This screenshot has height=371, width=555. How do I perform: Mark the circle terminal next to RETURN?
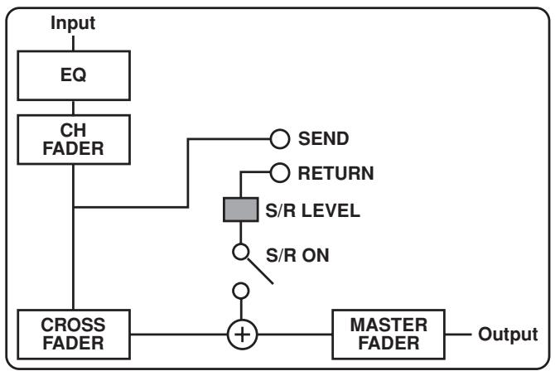(277, 174)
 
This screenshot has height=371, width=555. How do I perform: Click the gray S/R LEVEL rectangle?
(241, 210)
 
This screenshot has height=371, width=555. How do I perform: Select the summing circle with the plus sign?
(241, 335)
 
